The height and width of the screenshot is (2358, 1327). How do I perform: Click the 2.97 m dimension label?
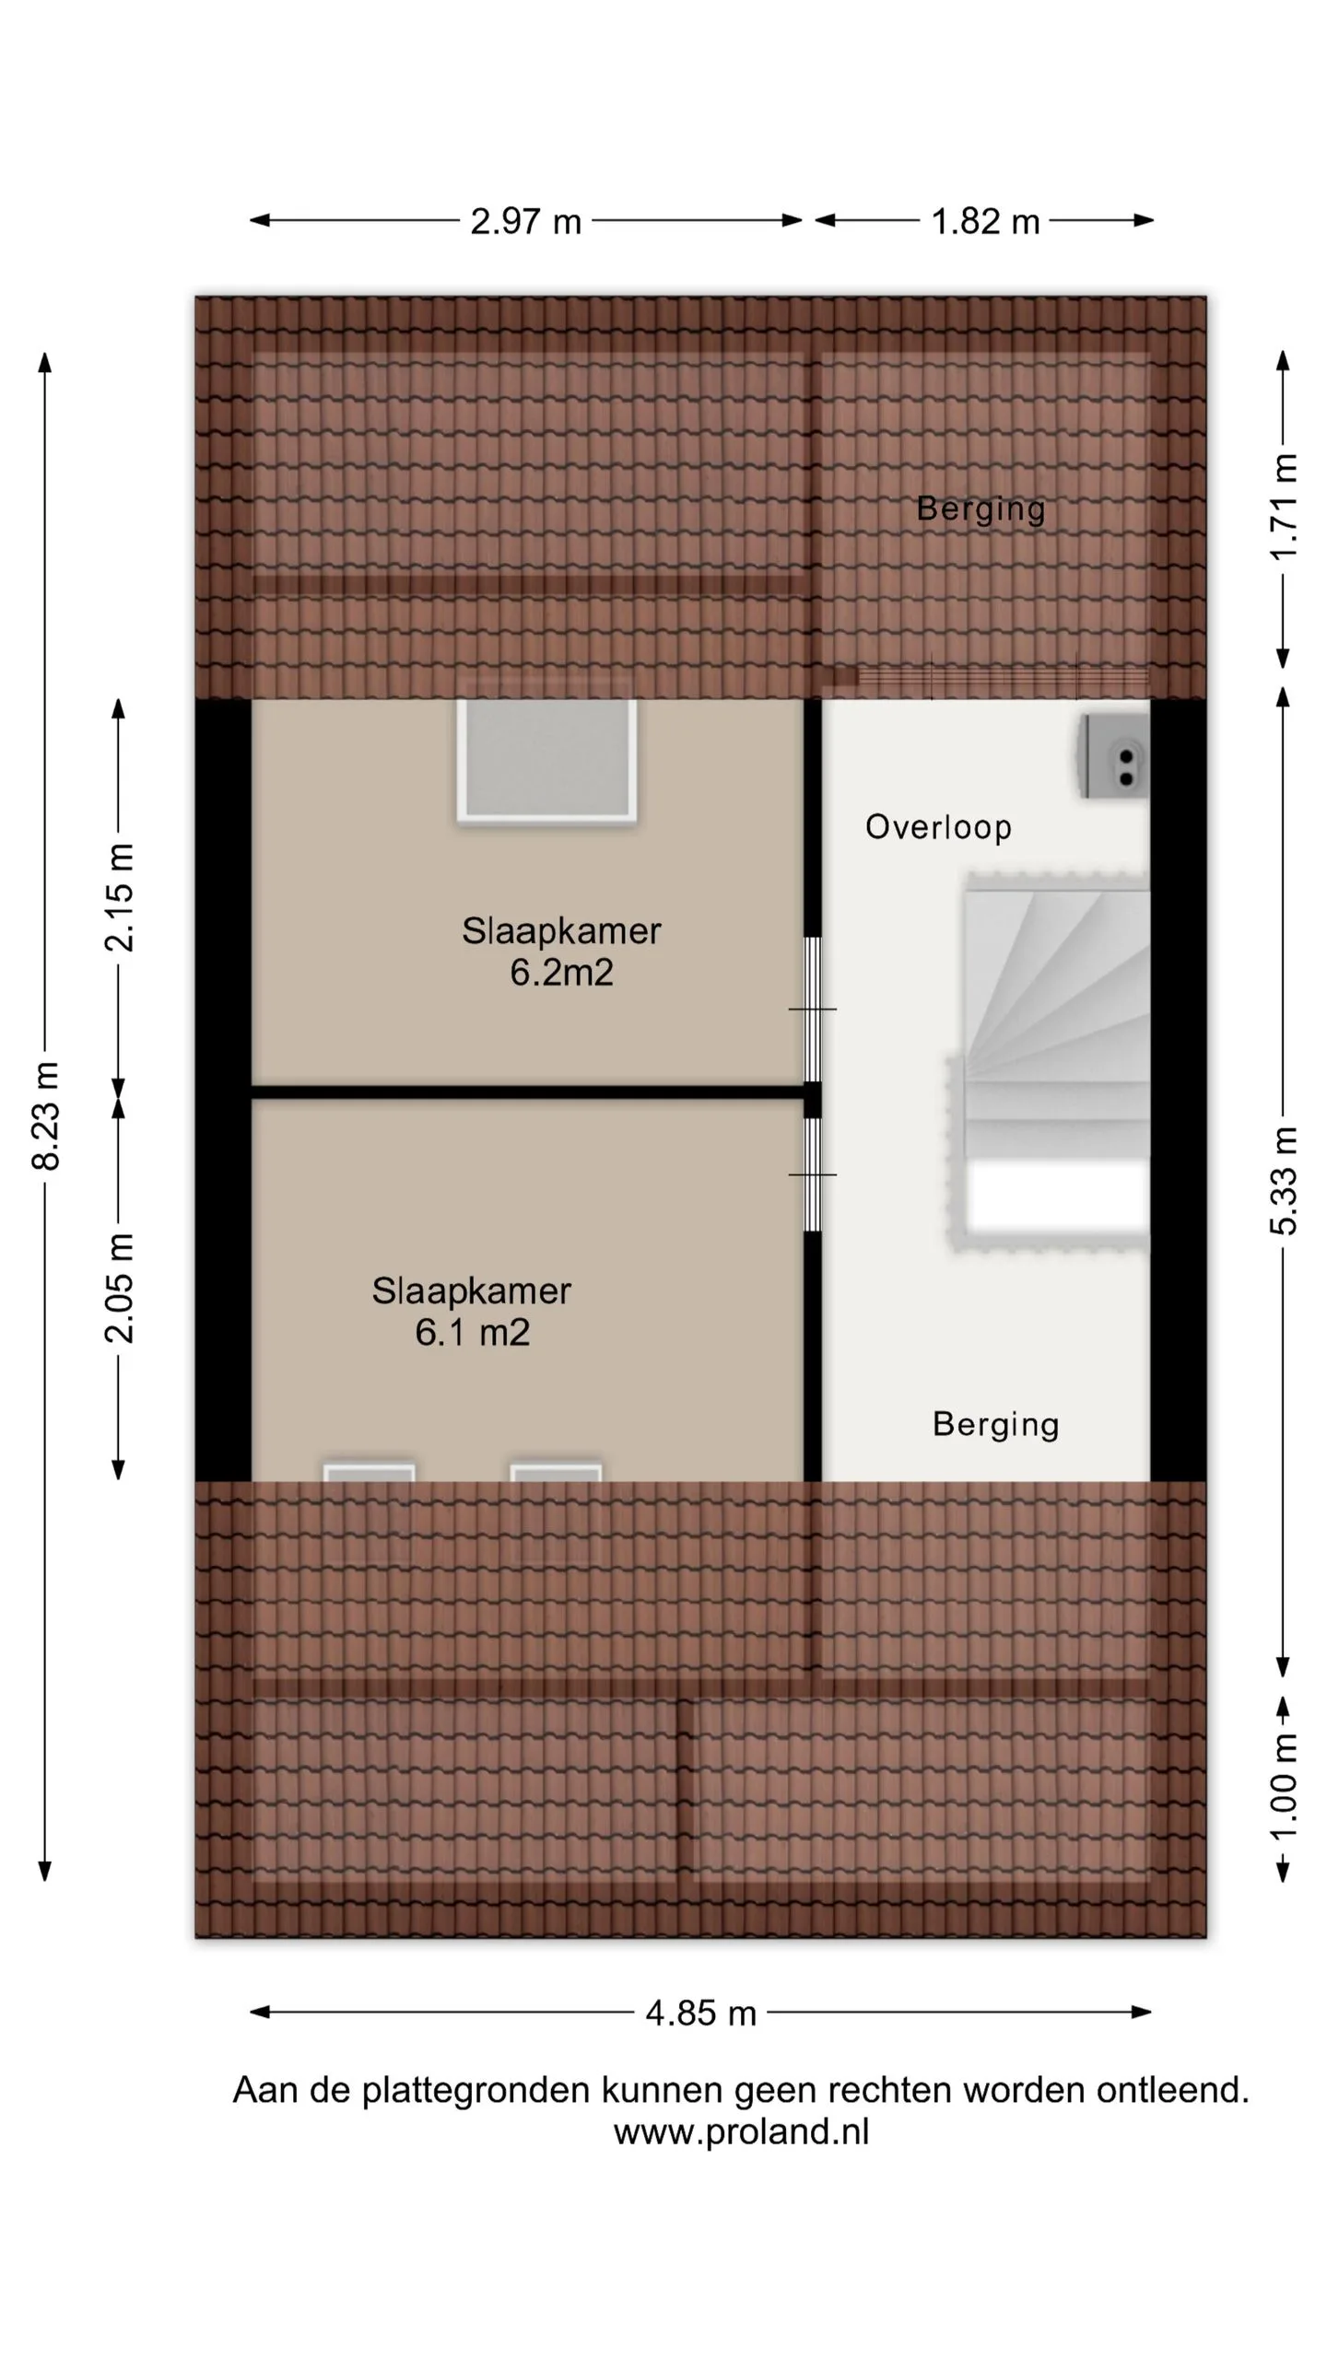525,221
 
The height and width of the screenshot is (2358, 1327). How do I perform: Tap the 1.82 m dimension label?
985,221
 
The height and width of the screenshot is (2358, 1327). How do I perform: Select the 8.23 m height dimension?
45,1115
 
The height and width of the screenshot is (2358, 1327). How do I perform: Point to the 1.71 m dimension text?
1283,507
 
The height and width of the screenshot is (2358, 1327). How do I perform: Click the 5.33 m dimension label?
1283,1180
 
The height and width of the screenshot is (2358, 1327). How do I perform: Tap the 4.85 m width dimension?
700,2013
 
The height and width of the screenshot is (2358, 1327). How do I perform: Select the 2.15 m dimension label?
119,897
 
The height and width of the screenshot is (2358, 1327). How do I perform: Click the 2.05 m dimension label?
119,1288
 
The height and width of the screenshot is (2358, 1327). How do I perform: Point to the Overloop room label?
938,827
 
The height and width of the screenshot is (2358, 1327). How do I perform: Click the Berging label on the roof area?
981,508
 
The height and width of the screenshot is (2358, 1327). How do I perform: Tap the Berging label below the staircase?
995,1424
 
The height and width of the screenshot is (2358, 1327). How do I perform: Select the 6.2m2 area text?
561,973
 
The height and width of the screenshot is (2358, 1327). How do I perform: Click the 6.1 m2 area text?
472,1333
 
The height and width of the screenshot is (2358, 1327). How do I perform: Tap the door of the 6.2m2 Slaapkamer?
813,1010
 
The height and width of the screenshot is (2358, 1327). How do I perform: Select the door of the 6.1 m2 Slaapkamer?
813,1174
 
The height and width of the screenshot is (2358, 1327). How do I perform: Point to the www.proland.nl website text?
741,2131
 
